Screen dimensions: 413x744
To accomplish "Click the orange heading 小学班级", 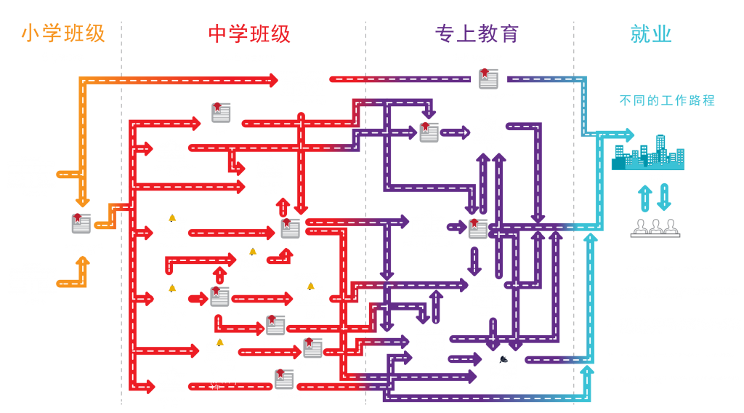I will coord(63,33).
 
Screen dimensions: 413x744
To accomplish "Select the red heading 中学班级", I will coord(249,33).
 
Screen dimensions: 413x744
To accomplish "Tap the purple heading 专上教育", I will coord(477,33).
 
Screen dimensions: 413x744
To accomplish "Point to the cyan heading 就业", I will coord(650,33).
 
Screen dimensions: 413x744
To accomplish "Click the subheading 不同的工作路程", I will coord(667,100).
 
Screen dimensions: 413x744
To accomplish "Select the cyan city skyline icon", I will coord(647,153).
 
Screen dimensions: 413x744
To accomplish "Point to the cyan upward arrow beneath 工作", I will coord(644,198).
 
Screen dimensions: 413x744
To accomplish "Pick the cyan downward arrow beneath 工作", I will coord(664,196).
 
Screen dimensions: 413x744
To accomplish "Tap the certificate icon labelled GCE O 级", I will coord(290,228).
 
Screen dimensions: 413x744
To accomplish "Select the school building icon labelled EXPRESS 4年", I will coord(172,226).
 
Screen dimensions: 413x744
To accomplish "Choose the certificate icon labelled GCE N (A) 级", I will coord(219,297).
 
